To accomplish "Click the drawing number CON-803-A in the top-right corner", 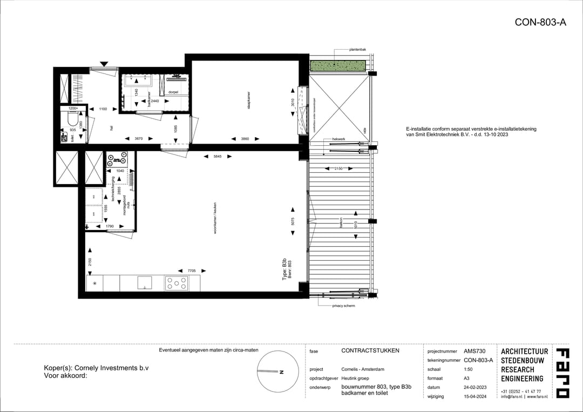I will (x=540, y=22).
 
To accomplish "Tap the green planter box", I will (x=338, y=65).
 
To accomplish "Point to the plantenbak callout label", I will (x=357, y=50).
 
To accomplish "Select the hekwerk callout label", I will (x=338, y=139).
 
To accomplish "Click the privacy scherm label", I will (x=343, y=306).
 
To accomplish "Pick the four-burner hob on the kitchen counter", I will (x=177, y=282).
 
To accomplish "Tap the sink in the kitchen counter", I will (x=144, y=282).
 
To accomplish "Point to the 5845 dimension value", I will (x=218, y=157).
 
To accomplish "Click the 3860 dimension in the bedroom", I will (x=245, y=139).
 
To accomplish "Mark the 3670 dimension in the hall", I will (x=139, y=139).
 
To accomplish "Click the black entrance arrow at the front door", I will (x=104, y=64).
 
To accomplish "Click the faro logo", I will (x=562, y=373).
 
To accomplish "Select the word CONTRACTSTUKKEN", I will (x=370, y=350).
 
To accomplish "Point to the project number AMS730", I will (x=475, y=350).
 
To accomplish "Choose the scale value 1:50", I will (x=469, y=369).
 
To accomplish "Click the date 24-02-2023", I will (x=476, y=387).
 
